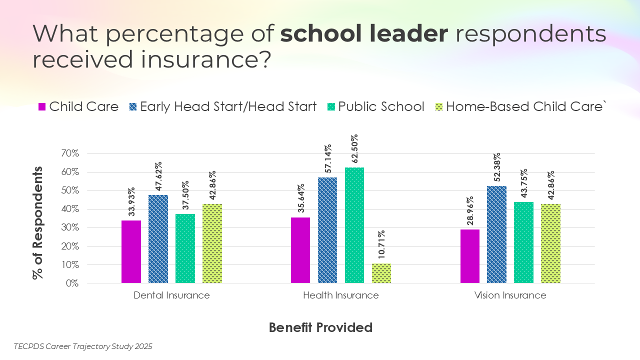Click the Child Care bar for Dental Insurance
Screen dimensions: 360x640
pos(131,252)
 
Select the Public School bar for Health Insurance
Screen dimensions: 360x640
pos(354,225)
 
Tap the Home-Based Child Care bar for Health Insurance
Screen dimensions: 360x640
pos(381,273)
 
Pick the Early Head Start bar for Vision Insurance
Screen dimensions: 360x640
pos(496,234)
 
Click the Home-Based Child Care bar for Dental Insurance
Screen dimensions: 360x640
pos(212,243)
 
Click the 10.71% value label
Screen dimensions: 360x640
pos(381,245)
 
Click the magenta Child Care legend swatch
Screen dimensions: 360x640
pos(42,106)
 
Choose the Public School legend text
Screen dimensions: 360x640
pos(381,106)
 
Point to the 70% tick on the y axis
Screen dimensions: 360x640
pos(69,153)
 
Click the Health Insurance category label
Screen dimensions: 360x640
pos(341,295)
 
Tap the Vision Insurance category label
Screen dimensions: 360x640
pos(510,295)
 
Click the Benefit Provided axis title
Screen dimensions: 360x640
pos(320,327)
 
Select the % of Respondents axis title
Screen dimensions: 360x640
pos(38,222)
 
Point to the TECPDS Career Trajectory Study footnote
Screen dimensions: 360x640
pos(83,346)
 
